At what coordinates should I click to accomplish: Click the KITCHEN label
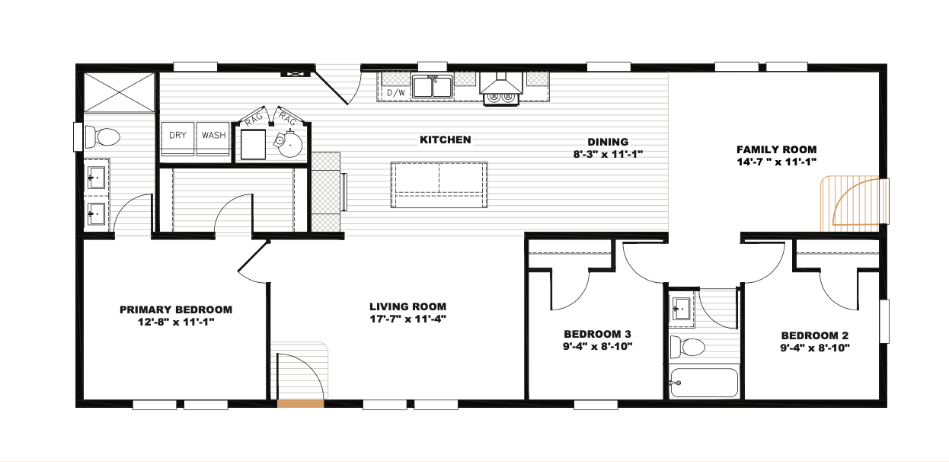coord(446,140)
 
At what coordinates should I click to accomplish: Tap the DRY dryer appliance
coord(177,139)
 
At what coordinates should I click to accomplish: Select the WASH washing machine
coord(213,139)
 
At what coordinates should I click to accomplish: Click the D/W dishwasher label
coord(396,92)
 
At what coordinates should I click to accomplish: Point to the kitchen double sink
coord(433,87)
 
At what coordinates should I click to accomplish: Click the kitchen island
coord(439,184)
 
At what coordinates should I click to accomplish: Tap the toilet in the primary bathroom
coord(102,137)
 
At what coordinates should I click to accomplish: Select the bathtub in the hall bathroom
coord(704,382)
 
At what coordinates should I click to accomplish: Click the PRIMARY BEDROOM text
coord(176,310)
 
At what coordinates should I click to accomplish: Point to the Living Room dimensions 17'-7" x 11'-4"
coord(408,319)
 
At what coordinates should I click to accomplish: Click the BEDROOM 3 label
coord(597,335)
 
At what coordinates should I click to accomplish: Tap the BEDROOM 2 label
coord(815,335)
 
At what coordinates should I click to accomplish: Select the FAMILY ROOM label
coord(777,149)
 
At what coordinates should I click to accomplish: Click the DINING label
coord(608,142)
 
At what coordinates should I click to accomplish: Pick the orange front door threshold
coord(300,403)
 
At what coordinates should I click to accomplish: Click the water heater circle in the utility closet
coord(289,144)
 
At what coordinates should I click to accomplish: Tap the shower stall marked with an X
coord(120,92)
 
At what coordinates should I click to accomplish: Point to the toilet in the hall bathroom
coord(687,347)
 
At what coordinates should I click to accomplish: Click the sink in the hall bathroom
coord(682,310)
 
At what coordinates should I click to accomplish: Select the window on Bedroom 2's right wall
coord(884,321)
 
